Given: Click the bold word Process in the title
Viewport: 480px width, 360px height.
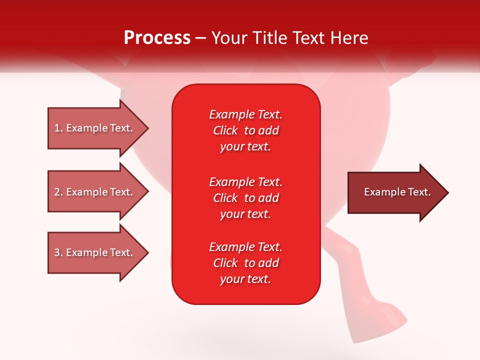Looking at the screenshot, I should point(157,38).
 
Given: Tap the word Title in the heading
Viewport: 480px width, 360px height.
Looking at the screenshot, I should point(268,38).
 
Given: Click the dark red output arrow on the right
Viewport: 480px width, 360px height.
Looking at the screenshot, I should point(395,192).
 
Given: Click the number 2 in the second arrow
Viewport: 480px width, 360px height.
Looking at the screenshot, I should point(57,192).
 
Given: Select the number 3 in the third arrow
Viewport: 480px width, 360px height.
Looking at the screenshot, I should point(57,252).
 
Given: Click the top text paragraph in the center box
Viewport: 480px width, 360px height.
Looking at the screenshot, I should point(245,130).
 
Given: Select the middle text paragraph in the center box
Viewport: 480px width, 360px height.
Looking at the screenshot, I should point(245,198).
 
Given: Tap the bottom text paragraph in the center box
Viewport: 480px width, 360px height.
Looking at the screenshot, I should point(245,263).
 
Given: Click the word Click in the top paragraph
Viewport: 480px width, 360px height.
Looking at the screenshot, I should point(225,130).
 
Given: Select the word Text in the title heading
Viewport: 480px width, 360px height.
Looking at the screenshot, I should point(307,38).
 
